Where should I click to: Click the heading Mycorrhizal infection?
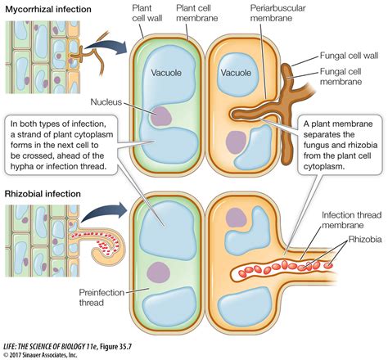click(48, 8)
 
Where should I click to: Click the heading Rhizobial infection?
click(42, 194)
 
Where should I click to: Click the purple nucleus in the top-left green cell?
click(162, 115)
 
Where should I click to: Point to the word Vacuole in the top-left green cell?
click(169, 73)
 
